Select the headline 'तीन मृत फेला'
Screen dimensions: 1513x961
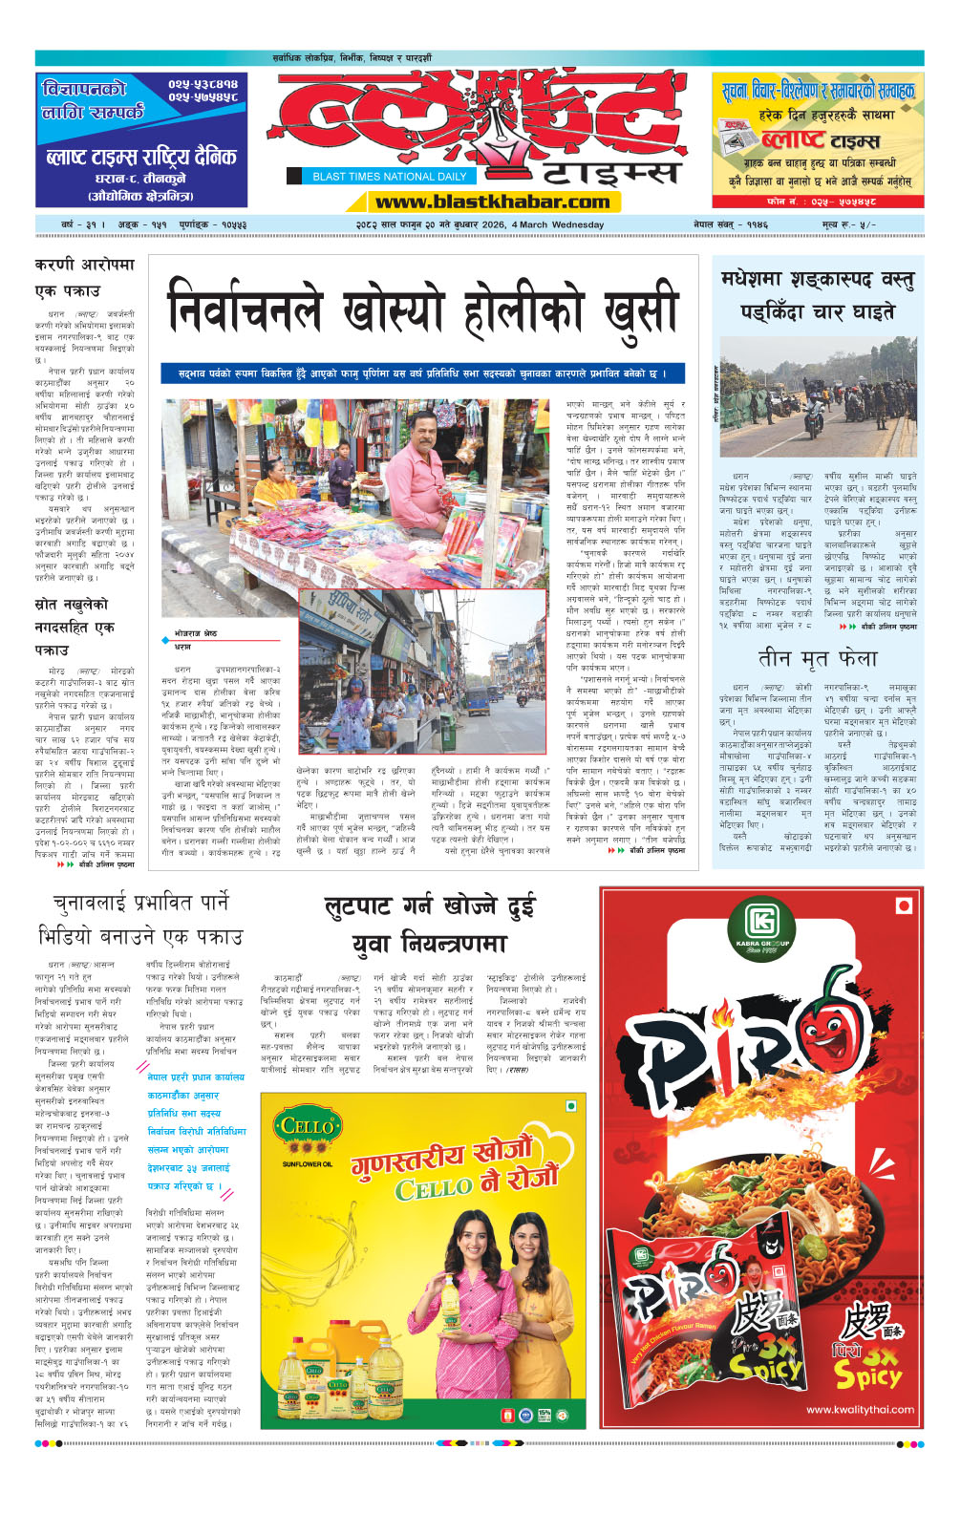coord(817,658)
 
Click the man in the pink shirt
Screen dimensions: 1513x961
coord(416,479)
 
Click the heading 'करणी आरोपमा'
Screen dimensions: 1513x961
coord(85,265)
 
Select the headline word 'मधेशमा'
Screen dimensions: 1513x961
coord(753,280)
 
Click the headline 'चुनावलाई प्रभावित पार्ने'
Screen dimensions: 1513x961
coord(140,903)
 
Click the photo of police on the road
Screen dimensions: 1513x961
coord(818,396)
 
